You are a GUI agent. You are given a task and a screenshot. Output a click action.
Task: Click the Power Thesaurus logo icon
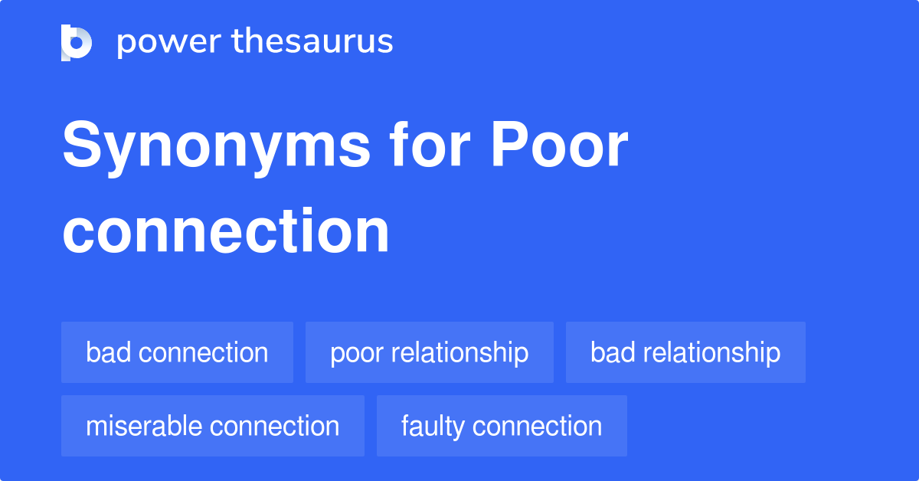tap(77, 42)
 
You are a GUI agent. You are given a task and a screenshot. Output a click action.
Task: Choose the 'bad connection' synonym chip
tap(177, 352)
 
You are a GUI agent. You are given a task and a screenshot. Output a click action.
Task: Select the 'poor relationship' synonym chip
tap(429, 352)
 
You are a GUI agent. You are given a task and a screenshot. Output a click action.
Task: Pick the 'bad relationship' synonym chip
tap(685, 352)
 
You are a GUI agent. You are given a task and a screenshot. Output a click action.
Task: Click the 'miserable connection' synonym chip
tap(212, 426)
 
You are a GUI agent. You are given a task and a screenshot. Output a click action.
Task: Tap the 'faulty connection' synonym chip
tap(502, 426)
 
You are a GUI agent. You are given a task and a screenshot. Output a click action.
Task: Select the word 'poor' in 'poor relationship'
tap(355, 353)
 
